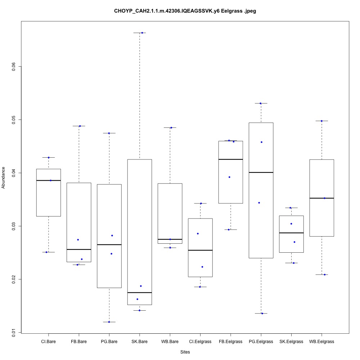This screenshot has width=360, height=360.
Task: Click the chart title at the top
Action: point(185,11)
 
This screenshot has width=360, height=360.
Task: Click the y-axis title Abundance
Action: point(4,177)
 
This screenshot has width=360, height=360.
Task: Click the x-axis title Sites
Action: point(185,352)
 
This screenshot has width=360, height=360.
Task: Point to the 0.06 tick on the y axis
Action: point(14,67)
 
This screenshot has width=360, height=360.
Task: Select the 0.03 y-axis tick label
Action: point(14,226)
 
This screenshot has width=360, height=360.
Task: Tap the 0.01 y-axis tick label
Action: point(14,332)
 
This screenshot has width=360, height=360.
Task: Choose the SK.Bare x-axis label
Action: point(139,341)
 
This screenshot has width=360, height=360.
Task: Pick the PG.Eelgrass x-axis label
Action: point(261,341)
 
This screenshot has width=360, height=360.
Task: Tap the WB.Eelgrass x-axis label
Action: point(321,341)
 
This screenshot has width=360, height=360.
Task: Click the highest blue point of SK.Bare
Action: point(142,33)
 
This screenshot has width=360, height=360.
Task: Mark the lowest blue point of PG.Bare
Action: point(109,322)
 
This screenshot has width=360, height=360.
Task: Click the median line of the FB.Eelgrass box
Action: point(230,159)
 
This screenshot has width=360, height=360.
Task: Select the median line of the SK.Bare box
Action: point(139,293)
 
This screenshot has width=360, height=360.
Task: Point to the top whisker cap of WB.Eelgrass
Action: point(321,121)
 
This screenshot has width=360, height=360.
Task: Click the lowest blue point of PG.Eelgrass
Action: point(262,314)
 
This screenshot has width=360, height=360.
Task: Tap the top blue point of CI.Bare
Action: point(48,157)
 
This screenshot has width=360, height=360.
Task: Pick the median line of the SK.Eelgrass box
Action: point(291,233)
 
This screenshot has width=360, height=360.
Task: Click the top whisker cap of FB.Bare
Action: point(79,126)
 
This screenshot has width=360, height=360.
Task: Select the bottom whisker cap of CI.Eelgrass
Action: point(200,287)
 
